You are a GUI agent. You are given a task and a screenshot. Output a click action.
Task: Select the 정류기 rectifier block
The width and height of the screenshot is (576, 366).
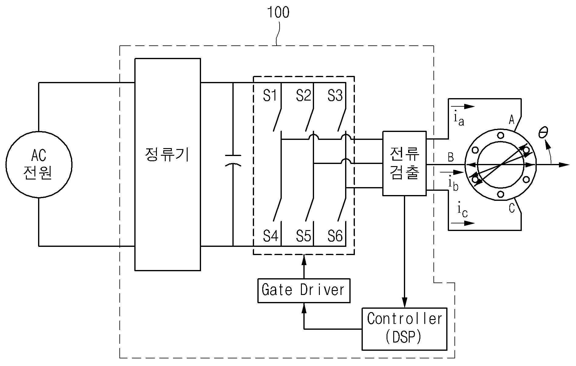coord(168,164)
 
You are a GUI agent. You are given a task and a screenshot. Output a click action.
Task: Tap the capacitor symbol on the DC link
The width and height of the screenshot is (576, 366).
coord(233,161)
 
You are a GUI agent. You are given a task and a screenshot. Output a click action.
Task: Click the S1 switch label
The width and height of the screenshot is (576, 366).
coord(270,96)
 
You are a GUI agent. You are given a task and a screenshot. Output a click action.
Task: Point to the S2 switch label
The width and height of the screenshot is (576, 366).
coord(303,96)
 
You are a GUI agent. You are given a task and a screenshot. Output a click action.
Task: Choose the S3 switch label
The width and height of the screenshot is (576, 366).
coord(335,96)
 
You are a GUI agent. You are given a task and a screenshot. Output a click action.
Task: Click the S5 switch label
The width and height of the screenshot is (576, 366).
coord(304,236)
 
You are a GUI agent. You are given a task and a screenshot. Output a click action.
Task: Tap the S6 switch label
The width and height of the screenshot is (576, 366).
coord(335,236)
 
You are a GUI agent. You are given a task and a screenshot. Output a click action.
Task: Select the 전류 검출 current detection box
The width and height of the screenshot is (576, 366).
coord(405,163)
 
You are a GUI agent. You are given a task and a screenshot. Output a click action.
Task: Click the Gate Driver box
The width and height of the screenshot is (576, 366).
coord(304,290)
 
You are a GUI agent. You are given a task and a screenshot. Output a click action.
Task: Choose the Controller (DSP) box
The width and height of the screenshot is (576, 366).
coord(405,329)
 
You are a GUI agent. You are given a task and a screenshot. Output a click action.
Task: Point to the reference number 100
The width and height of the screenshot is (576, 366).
coord(278,12)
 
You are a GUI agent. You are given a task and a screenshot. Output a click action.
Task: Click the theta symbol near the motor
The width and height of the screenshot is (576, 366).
coord(543,133)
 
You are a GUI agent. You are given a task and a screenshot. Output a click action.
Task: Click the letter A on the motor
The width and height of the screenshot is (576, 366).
coord(512,120)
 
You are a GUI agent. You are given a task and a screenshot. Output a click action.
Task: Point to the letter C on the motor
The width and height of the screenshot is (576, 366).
coord(512,208)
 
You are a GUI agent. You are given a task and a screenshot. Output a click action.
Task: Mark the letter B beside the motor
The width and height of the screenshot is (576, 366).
coord(451,157)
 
